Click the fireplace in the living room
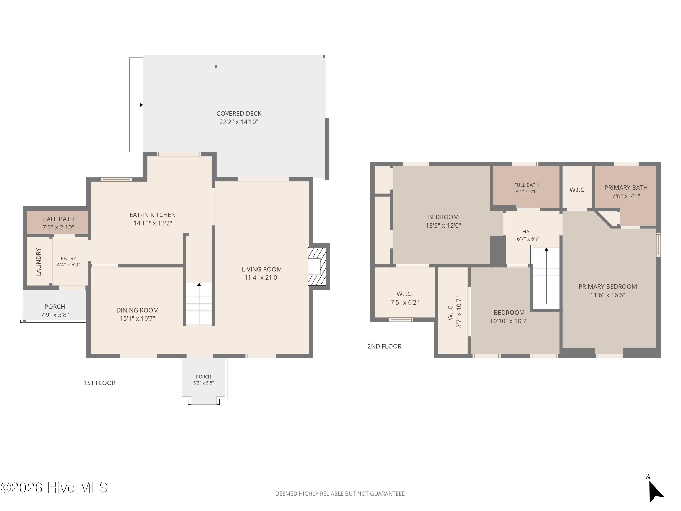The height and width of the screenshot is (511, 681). (x=317, y=266)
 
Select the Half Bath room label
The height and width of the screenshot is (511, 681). (x=58, y=219)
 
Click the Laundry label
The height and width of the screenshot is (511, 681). (x=39, y=262)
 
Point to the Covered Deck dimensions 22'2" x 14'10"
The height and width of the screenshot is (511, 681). (x=239, y=122)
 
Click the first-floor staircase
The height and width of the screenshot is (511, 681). (x=199, y=304)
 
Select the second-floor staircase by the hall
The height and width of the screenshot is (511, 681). (x=546, y=278)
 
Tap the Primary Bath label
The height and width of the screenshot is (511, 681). (x=626, y=188)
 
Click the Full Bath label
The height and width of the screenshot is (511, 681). (x=526, y=185)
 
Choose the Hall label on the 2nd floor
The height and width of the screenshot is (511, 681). (x=528, y=232)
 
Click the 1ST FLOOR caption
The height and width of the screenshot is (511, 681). (x=100, y=383)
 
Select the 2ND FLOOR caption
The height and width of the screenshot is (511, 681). (x=385, y=346)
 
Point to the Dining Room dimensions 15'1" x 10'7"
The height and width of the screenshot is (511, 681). (x=137, y=318)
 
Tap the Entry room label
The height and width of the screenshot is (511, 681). (x=68, y=258)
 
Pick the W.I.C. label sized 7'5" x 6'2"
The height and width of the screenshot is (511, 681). (x=405, y=294)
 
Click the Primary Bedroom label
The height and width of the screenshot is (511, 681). (x=607, y=286)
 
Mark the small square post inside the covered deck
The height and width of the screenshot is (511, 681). (x=216, y=66)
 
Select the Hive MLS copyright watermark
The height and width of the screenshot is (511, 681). (x=54, y=488)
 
